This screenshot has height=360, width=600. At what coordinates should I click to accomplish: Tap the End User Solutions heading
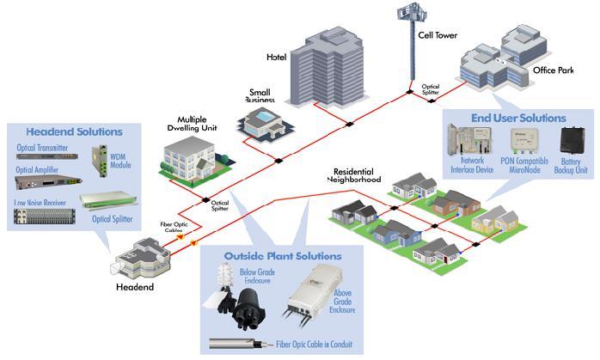518,117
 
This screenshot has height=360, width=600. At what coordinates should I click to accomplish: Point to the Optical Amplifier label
37,170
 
